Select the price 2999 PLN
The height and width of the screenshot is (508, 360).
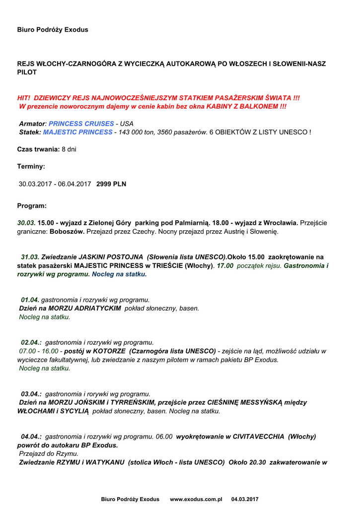tap(111, 184)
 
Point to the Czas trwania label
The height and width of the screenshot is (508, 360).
tap(38, 149)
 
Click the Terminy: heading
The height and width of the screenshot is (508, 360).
tap(31, 167)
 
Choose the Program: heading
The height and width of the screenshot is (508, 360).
tap(32, 205)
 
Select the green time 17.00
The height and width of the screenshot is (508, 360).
tap(225, 265)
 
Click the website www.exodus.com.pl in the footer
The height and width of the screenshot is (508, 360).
tap(196, 499)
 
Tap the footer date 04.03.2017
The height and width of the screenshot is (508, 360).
tap(245, 499)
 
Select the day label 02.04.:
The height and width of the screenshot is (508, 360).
tap(31, 342)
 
